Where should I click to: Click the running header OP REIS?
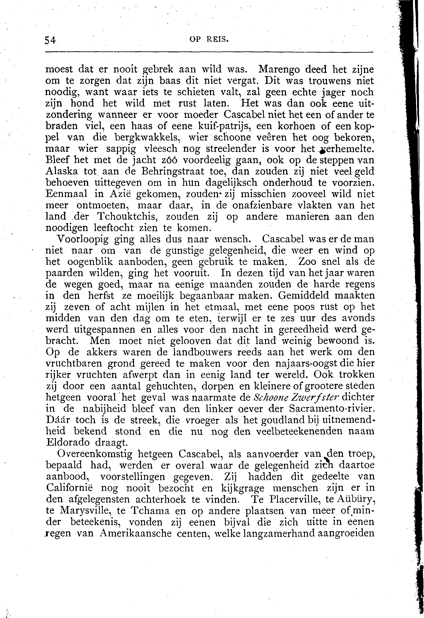(209, 39)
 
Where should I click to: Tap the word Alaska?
(62, 171)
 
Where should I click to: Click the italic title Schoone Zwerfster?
(295, 398)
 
